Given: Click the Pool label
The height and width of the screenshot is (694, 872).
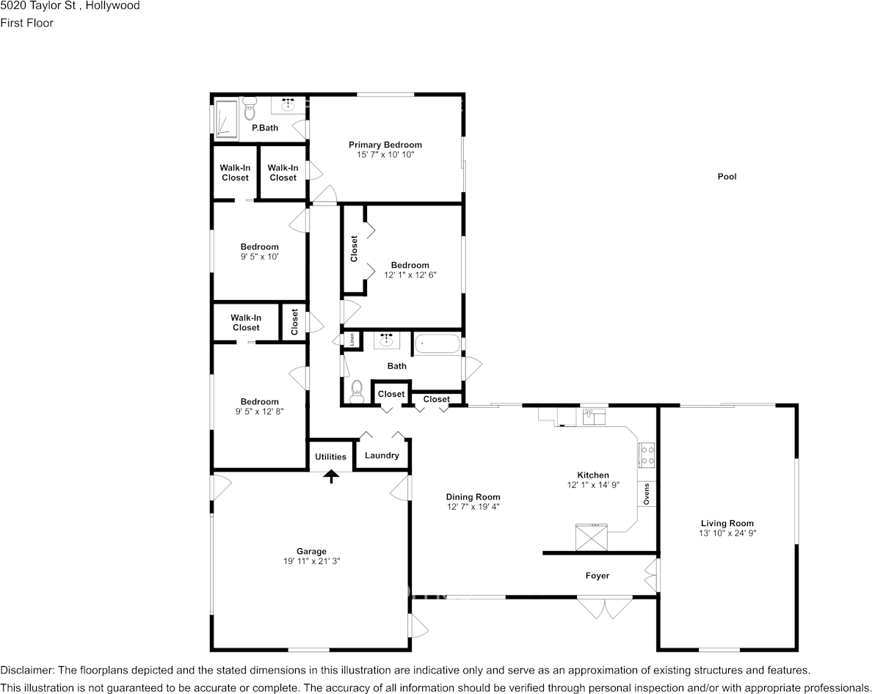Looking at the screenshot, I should [726, 177].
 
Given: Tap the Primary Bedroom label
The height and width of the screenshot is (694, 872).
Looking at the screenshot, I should [385, 145].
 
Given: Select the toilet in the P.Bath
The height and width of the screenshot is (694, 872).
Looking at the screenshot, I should [249, 111].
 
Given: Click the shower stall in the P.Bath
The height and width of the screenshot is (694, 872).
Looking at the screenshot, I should [226, 119].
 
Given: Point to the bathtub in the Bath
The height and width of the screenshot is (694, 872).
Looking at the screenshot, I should [437, 343].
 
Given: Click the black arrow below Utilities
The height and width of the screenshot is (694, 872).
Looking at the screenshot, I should [332, 477].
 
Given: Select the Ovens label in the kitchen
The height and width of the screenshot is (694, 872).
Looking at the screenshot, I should [647, 494].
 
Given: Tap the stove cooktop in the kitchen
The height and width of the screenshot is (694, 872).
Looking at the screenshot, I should [647, 456].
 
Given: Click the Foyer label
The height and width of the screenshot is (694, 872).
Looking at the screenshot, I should [597, 576].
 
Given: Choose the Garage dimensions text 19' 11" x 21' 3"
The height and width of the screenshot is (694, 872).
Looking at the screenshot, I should [311, 561].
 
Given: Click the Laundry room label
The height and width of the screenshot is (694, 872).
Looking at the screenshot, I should [382, 456].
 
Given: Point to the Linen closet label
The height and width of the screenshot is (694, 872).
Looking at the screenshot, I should [353, 340].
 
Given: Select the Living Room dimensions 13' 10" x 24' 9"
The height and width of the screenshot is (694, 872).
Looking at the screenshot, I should [727, 533].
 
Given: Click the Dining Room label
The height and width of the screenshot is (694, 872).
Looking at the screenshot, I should [473, 497].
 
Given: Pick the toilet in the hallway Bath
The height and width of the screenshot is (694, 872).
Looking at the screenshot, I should [357, 391].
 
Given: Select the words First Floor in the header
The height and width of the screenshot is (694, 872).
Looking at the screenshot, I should [26, 23].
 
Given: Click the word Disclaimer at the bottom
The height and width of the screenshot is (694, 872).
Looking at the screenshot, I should [26, 671].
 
